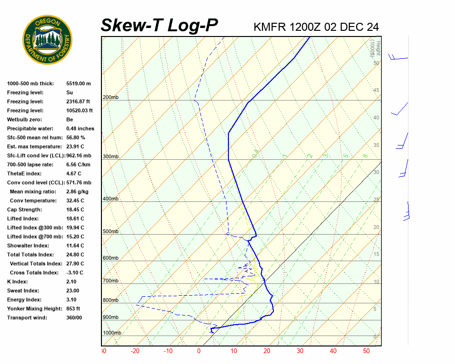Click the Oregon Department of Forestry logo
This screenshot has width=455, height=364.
pos(47,40)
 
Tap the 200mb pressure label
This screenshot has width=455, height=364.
pos(110,98)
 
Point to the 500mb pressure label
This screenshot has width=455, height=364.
pos(110,232)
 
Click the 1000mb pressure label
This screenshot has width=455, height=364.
pos(112,333)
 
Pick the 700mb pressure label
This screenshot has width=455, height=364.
pos(110,281)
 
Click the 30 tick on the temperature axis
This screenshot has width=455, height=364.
pos(300,351)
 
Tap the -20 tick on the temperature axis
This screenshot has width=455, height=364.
pos(135,351)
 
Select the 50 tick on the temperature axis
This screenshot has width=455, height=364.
pos(366,351)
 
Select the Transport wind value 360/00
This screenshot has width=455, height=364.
pos(74,318)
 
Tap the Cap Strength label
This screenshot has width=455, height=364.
pos(24,209)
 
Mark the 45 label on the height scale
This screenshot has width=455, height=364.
pos(376,91)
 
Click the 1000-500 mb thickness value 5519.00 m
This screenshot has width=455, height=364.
pos(78,83)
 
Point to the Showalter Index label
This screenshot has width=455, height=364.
pos(28,246)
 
